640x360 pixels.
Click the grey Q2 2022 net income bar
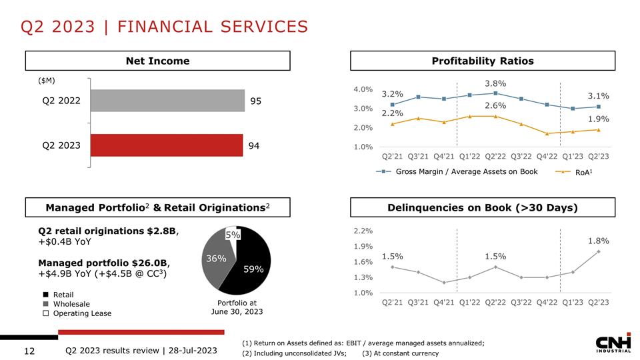click(167, 101)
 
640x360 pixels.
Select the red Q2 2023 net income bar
click(167, 145)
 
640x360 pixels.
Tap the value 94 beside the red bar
click(255, 145)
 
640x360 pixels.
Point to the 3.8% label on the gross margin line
click(495, 83)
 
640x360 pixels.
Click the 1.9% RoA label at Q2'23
click(598, 119)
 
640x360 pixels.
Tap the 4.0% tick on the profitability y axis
click(363, 89)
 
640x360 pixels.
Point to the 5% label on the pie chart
click(232, 235)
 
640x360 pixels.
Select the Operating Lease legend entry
click(77, 313)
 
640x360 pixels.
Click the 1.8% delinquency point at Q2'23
click(599, 251)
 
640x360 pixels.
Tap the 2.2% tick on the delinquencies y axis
click(363, 231)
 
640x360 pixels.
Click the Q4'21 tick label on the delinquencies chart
click(444, 302)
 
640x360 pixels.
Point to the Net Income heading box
click(158, 61)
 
